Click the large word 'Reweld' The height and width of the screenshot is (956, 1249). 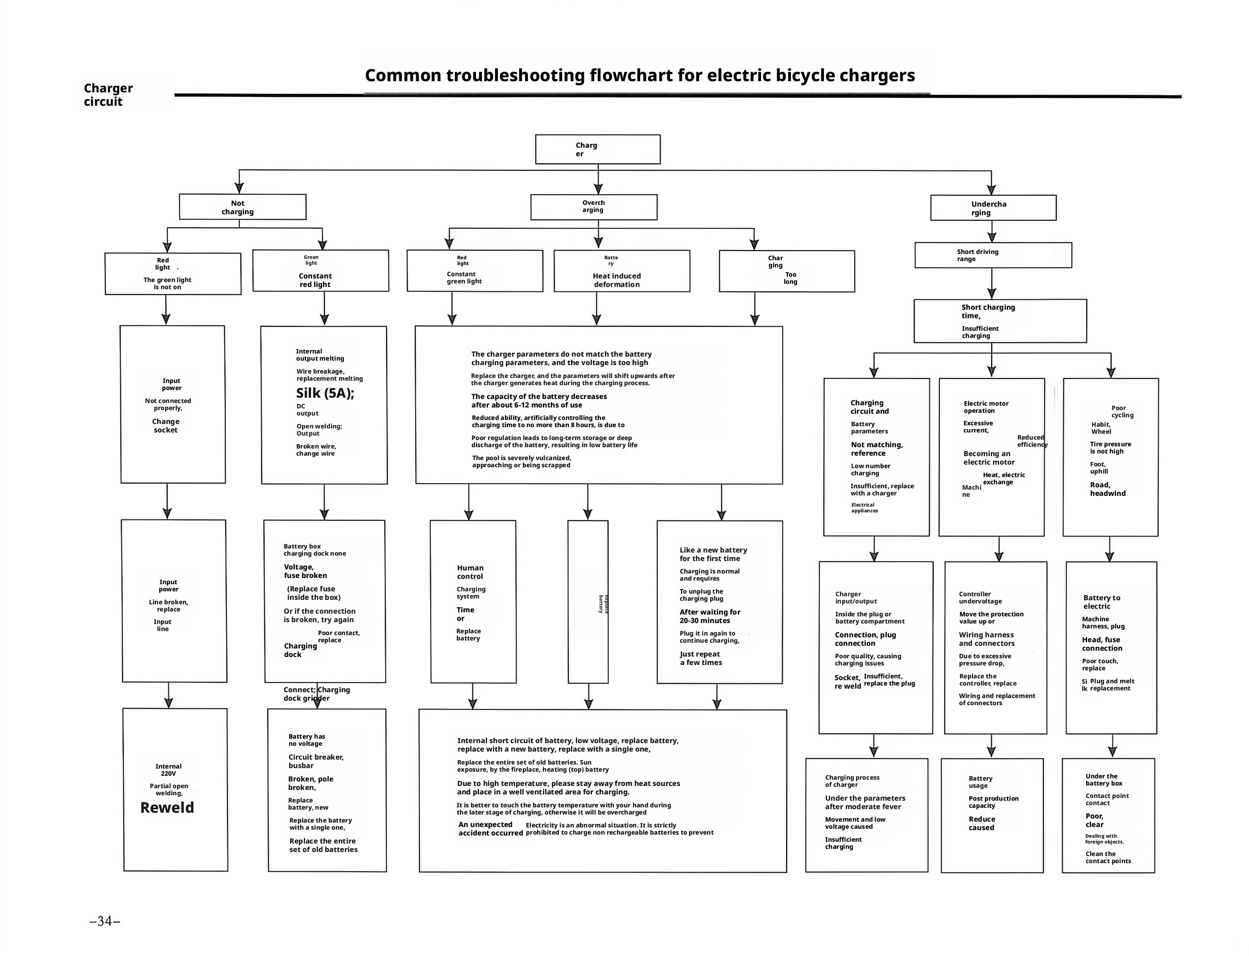167,807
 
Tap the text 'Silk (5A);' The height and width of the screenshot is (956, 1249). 325,393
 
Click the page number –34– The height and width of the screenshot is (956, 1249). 105,921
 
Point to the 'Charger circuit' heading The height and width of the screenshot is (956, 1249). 108,95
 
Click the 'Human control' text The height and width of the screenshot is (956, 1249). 470,572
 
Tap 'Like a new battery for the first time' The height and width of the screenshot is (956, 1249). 713,554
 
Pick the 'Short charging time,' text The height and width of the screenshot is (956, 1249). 988,311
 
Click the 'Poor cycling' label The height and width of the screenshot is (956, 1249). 1122,411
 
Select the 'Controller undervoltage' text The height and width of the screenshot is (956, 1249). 980,598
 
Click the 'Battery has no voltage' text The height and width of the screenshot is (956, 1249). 306,740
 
